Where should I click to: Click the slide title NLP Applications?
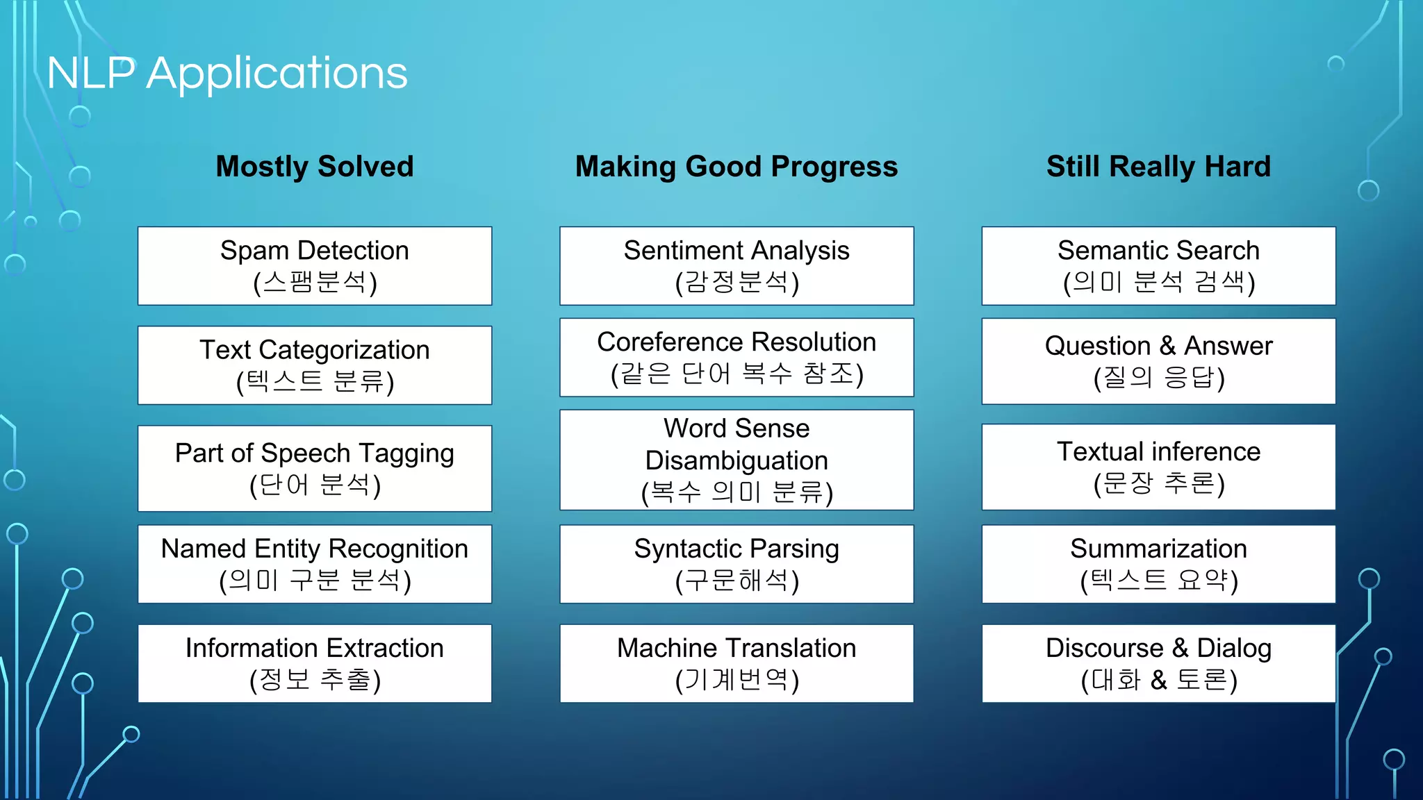pos(227,73)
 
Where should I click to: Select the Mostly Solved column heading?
pos(315,167)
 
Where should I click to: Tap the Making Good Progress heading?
pos(737,167)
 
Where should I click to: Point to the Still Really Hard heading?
pos(1158,167)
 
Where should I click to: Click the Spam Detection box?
pos(315,266)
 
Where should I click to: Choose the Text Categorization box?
pos(315,365)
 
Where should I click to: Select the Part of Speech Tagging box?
pos(315,468)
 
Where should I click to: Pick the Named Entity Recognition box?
pos(315,564)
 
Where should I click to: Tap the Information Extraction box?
pos(315,663)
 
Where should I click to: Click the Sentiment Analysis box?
pos(737,266)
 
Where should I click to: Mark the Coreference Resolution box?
pos(737,358)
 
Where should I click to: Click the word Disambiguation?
pos(737,461)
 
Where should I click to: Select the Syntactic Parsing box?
pos(737,564)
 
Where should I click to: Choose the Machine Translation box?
pos(737,663)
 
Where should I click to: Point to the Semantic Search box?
pos(1158,266)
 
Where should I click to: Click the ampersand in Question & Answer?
pos(1167,346)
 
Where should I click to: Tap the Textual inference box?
pos(1158,467)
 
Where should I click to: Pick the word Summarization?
pos(1158,549)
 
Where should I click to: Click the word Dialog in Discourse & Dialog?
pos(1234,648)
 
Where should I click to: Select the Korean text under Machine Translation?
pos(737,680)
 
